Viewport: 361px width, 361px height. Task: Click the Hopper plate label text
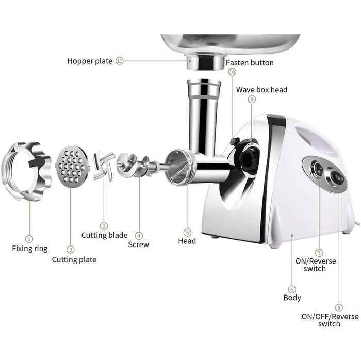click(90, 61)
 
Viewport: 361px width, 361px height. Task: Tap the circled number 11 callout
click(120, 61)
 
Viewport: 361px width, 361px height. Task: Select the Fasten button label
click(250, 62)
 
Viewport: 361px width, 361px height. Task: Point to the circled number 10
click(232, 72)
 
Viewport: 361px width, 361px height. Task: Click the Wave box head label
click(262, 90)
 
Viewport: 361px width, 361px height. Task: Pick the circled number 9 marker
click(252, 99)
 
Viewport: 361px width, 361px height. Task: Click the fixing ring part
click(26, 171)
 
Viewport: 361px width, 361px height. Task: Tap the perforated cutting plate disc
click(72, 167)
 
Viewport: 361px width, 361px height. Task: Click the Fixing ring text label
click(30, 249)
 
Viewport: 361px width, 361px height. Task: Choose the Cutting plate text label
click(74, 260)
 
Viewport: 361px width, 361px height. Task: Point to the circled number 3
click(104, 226)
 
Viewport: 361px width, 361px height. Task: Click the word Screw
click(139, 244)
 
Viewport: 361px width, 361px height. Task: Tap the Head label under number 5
click(187, 241)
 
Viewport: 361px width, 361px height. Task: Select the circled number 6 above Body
click(292, 289)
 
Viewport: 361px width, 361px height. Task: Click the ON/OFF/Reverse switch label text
click(330, 320)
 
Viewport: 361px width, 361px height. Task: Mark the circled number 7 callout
click(319, 253)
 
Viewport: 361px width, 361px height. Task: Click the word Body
click(292, 298)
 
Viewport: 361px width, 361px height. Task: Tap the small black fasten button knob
click(235, 141)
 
